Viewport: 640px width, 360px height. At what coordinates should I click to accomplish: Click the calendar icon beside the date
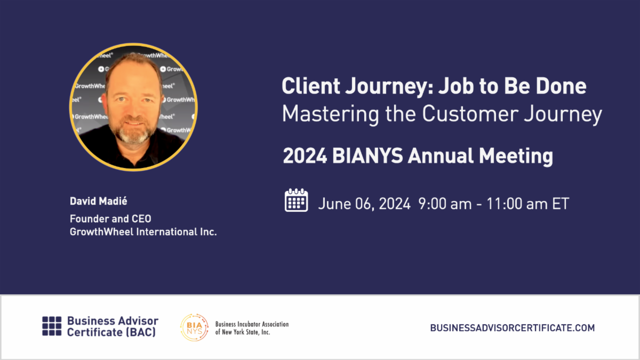[x=297, y=200]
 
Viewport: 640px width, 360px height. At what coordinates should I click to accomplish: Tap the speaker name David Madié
[x=99, y=201]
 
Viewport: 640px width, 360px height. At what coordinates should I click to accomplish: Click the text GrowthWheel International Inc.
[x=143, y=231]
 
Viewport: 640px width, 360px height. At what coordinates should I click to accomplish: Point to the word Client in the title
[x=311, y=86]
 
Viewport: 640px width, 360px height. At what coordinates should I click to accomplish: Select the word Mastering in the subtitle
[x=330, y=114]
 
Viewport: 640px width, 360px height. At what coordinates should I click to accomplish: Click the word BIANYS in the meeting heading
[x=367, y=156]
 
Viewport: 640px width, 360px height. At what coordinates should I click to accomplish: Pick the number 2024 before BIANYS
[x=305, y=156]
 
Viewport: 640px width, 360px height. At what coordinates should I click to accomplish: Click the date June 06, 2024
[x=364, y=204]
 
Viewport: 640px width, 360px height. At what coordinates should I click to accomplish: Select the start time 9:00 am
[x=445, y=204]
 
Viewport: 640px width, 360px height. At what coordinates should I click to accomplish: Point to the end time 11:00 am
[x=517, y=204]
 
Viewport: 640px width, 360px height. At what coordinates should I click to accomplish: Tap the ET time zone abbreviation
[x=561, y=204]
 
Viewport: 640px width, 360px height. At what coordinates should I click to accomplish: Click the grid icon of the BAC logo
[x=52, y=326]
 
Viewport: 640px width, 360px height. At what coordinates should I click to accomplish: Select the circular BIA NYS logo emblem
[x=194, y=327]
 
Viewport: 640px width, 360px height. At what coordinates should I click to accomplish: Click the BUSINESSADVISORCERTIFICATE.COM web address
[x=513, y=327]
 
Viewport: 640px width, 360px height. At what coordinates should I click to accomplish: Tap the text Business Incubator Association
[x=252, y=324]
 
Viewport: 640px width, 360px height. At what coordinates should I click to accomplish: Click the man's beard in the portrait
[x=133, y=134]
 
